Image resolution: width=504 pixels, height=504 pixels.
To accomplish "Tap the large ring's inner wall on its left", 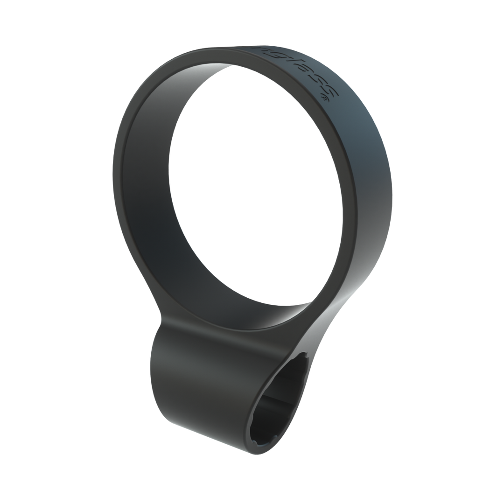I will pos(149,187).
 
